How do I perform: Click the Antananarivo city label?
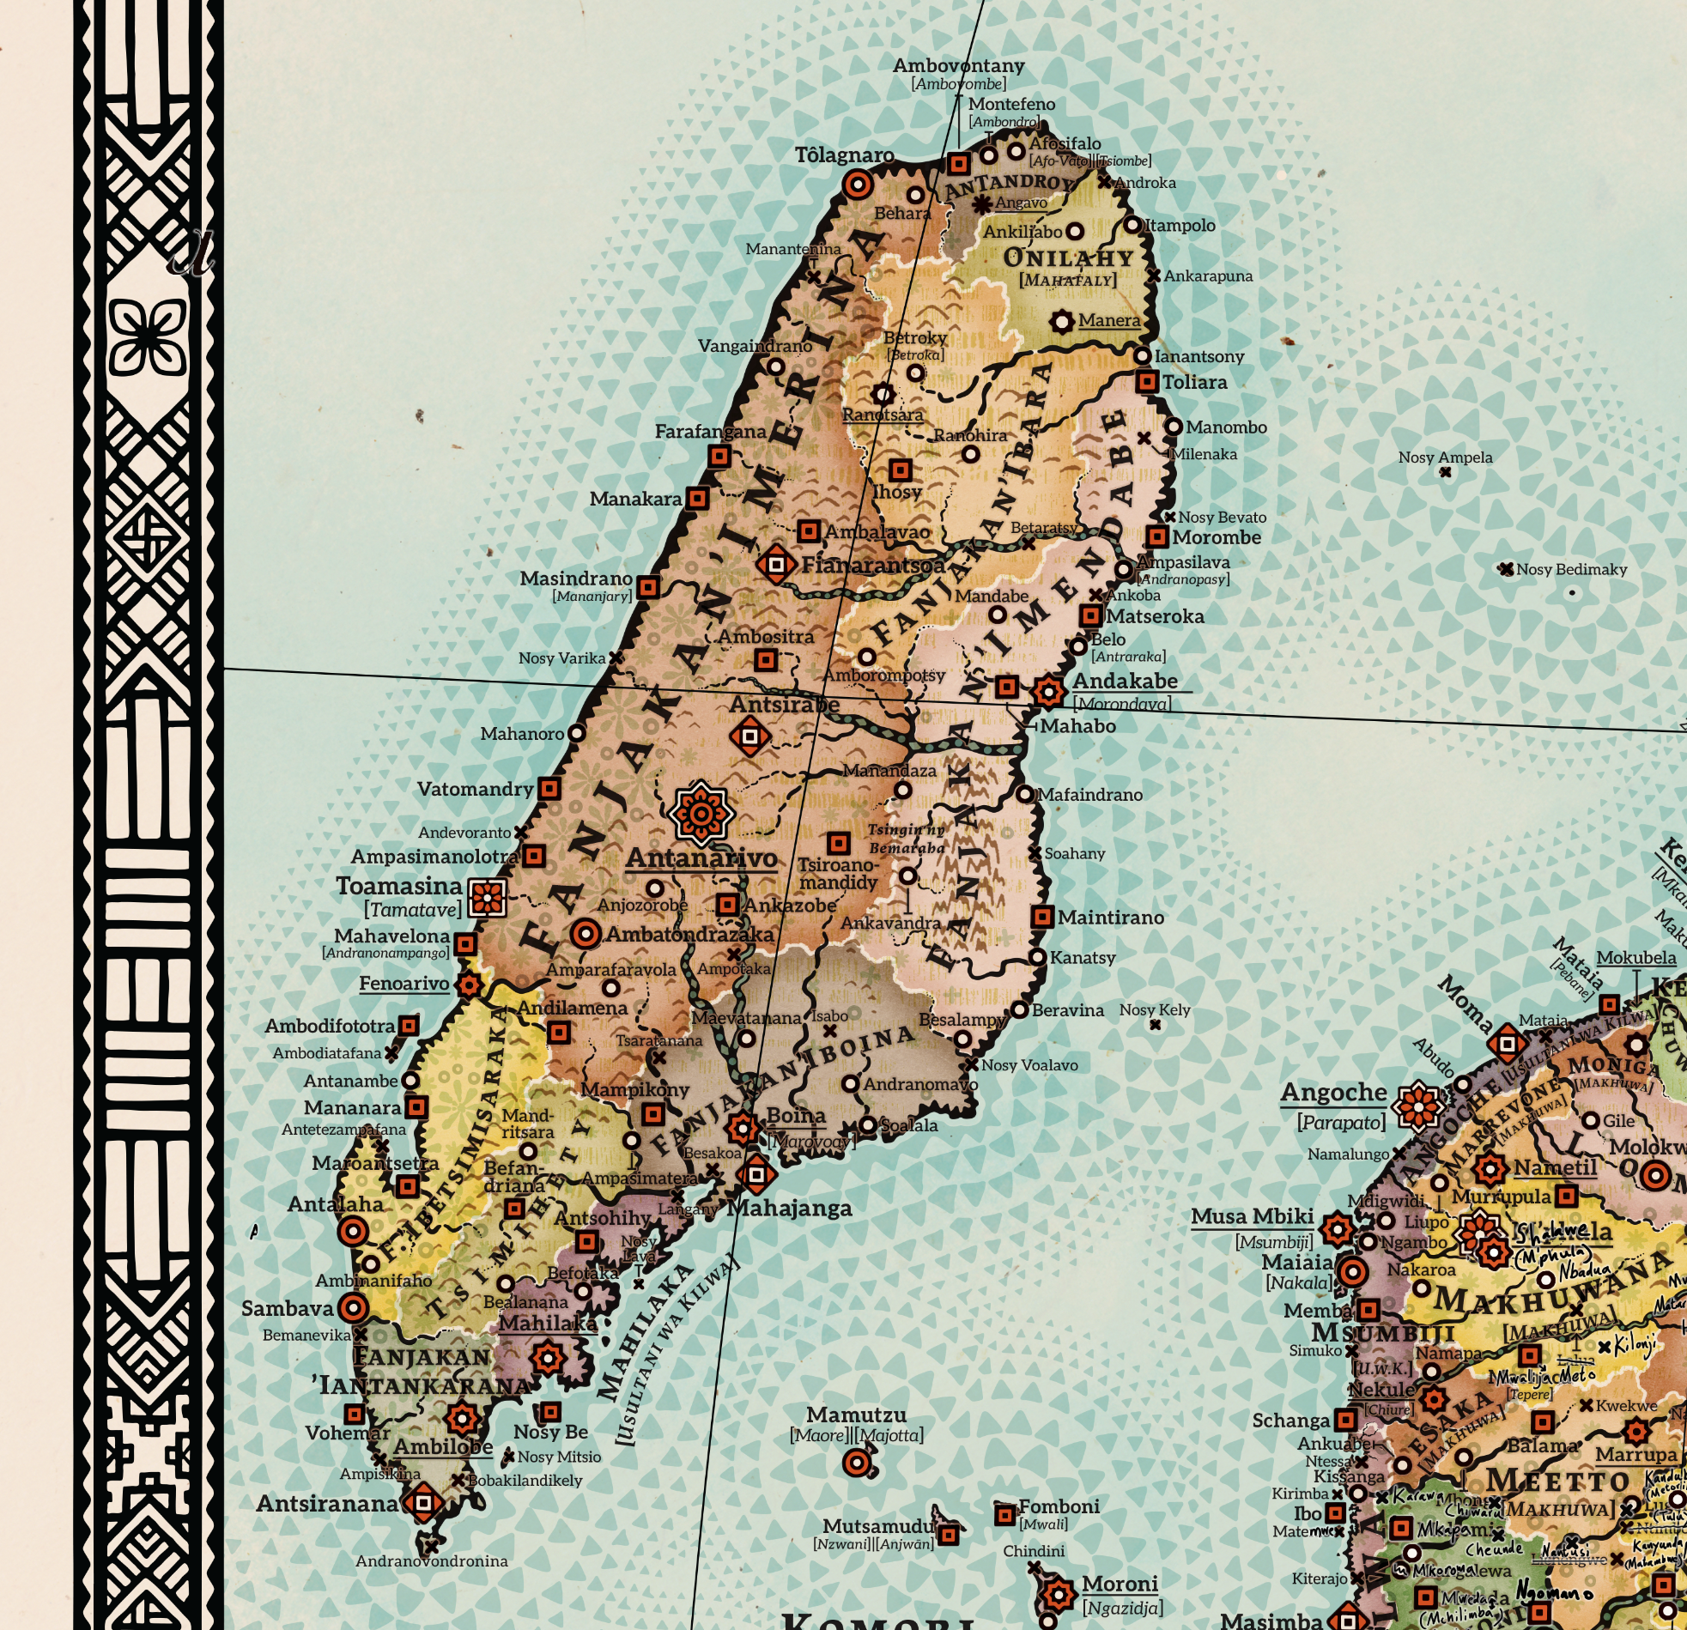coord(701,858)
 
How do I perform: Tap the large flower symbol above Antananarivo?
coord(701,811)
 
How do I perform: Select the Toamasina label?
coord(399,886)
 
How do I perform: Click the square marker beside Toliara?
coord(1146,382)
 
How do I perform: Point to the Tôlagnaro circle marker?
coord(858,185)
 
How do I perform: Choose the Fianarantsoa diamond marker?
coord(775,565)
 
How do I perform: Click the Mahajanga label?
coord(789,1208)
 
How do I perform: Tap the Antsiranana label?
coord(327,1503)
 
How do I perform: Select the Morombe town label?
coord(1217,537)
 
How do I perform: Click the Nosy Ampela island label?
coord(1445,457)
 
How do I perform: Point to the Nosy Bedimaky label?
coord(1571,569)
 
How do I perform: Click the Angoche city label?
coord(1333,1092)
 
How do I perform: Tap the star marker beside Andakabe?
coord(1047,691)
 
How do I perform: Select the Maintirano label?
coord(1110,918)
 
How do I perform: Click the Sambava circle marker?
coord(353,1308)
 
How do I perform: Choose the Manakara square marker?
coord(697,499)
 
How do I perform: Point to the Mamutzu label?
coord(856,1415)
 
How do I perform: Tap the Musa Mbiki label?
coord(1252,1216)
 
